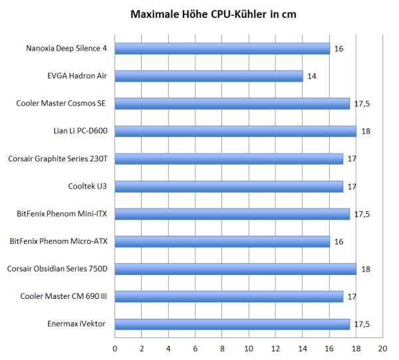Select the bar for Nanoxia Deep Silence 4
coord(222,48)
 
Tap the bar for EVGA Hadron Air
coord(209,76)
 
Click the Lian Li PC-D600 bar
coord(235,131)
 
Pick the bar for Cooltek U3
coord(229,186)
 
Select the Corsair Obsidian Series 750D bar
coord(235,269)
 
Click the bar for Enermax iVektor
coord(232,324)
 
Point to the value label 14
coord(312,76)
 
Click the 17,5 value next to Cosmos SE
coord(361,104)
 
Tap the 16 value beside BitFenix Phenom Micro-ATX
coord(338,242)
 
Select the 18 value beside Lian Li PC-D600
coord(365,132)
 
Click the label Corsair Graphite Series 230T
coord(58,159)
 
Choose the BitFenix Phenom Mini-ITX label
coord(62,214)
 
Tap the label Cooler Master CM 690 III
coord(64,296)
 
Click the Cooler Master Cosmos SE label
coord(62,104)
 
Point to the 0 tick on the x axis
coord(115,348)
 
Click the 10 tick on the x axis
coord(249,348)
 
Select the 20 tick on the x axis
coord(382,348)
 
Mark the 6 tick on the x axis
coord(196,348)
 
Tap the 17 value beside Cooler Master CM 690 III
coord(352,297)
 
